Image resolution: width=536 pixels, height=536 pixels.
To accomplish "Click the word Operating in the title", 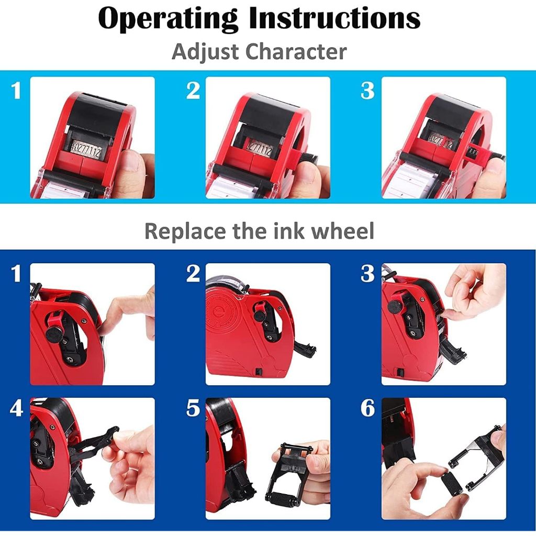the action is tap(167, 19).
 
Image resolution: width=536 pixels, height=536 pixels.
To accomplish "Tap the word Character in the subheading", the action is tap(296, 52).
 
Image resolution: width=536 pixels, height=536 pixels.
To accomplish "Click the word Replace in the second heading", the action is tap(186, 231).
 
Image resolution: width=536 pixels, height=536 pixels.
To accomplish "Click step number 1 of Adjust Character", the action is tap(16, 91).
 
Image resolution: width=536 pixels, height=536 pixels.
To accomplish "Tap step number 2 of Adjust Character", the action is tap(193, 91).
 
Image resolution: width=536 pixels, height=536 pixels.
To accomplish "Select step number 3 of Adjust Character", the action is tap(367, 91).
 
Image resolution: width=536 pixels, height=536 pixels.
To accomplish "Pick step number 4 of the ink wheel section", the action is tap(16, 408).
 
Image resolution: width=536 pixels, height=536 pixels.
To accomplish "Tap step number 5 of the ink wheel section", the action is tap(193, 408).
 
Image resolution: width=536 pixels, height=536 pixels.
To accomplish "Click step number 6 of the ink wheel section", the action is tap(368, 408).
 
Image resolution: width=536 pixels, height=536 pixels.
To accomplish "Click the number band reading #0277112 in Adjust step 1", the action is tap(86, 148).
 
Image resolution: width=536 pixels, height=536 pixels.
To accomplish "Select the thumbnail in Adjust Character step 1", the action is tap(92, 138).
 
